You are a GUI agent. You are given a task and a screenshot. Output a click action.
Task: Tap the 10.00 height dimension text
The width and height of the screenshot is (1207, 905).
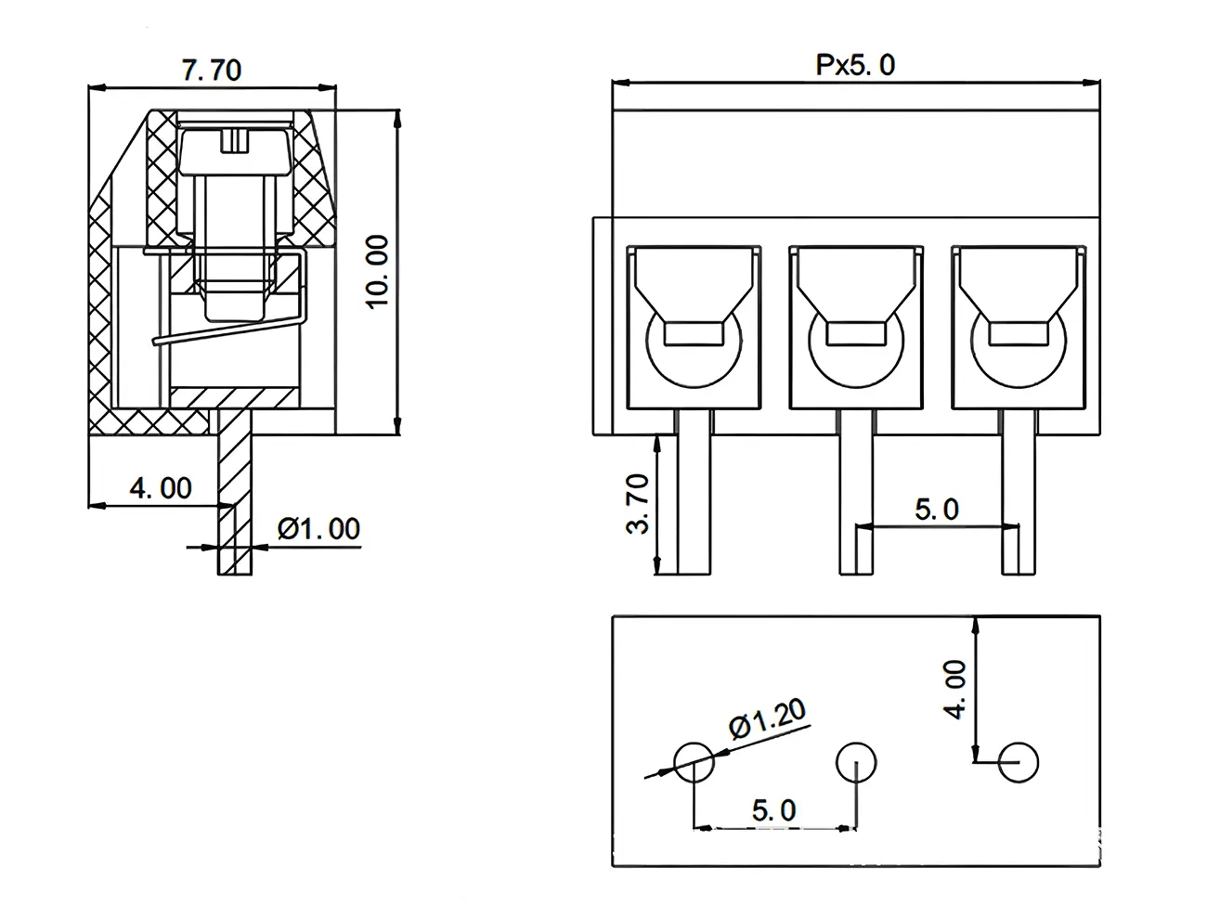click(376, 271)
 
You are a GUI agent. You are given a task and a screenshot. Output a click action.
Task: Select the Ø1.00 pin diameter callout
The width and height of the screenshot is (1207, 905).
click(318, 529)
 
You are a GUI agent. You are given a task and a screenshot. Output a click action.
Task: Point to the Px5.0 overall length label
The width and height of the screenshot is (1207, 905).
click(855, 65)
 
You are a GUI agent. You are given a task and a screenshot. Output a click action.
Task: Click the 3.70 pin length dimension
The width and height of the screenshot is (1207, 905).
click(638, 507)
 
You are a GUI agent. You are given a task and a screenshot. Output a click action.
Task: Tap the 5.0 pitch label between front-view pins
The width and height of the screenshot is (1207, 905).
click(937, 509)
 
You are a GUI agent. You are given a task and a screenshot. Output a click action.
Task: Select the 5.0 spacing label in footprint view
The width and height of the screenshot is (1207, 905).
click(773, 809)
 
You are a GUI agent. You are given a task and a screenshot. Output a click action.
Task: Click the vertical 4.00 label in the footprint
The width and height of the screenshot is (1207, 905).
click(955, 690)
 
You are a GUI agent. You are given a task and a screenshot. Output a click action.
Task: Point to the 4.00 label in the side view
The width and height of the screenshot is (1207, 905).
click(160, 488)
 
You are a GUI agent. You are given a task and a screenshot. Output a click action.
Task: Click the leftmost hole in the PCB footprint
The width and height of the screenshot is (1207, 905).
click(694, 763)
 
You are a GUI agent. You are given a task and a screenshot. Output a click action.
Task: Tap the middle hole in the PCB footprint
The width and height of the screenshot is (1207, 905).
click(856, 763)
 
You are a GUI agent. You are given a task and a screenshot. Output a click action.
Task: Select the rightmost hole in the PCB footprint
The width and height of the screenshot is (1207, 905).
click(1019, 763)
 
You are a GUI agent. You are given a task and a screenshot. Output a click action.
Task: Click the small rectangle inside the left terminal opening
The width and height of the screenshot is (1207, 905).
click(694, 333)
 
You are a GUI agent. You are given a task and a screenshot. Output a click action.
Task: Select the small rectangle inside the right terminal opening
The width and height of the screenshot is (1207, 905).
click(1019, 333)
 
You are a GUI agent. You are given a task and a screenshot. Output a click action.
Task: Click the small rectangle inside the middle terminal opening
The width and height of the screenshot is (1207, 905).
click(856, 333)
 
